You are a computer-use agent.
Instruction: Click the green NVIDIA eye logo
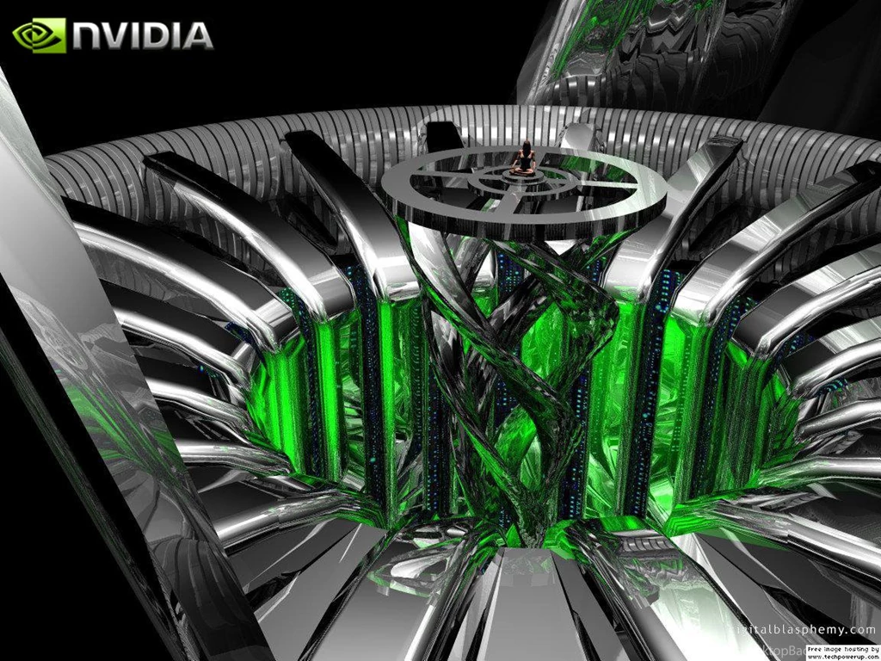point(39,35)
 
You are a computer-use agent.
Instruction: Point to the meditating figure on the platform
point(523,160)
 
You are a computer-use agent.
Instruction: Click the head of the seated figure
point(524,146)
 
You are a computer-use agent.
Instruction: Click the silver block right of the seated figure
point(578,138)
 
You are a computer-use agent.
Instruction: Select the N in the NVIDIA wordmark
point(89,36)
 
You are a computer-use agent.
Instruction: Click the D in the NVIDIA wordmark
point(161,36)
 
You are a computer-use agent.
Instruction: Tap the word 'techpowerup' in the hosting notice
point(842,657)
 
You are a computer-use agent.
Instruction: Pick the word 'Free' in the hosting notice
point(816,649)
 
